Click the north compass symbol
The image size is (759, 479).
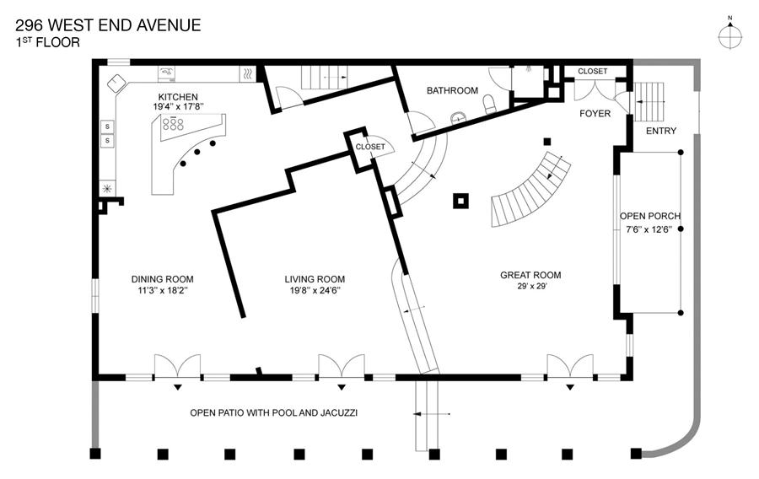(730, 36)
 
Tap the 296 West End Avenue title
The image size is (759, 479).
(108, 25)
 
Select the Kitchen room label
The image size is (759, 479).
(178, 97)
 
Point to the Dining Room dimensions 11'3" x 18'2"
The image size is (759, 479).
(163, 290)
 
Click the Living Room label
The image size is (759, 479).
(315, 279)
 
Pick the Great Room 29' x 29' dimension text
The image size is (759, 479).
(531, 286)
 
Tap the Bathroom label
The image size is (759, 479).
(452, 90)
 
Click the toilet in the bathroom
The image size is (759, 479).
(490, 104)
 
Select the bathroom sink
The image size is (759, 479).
(459, 117)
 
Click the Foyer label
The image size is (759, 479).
(595, 113)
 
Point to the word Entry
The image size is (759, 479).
(660, 131)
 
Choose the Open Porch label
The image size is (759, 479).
(650, 216)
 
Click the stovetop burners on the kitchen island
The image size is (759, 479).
(173, 124)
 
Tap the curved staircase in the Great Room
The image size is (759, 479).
(530, 189)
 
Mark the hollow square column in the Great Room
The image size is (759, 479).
(460, 201)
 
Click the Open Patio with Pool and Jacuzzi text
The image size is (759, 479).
(273, 412)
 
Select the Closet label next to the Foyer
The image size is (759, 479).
(593, 71)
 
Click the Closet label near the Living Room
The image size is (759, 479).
(370, 147)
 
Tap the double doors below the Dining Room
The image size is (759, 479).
(177, 366)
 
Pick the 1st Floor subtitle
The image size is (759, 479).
(47, 42)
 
